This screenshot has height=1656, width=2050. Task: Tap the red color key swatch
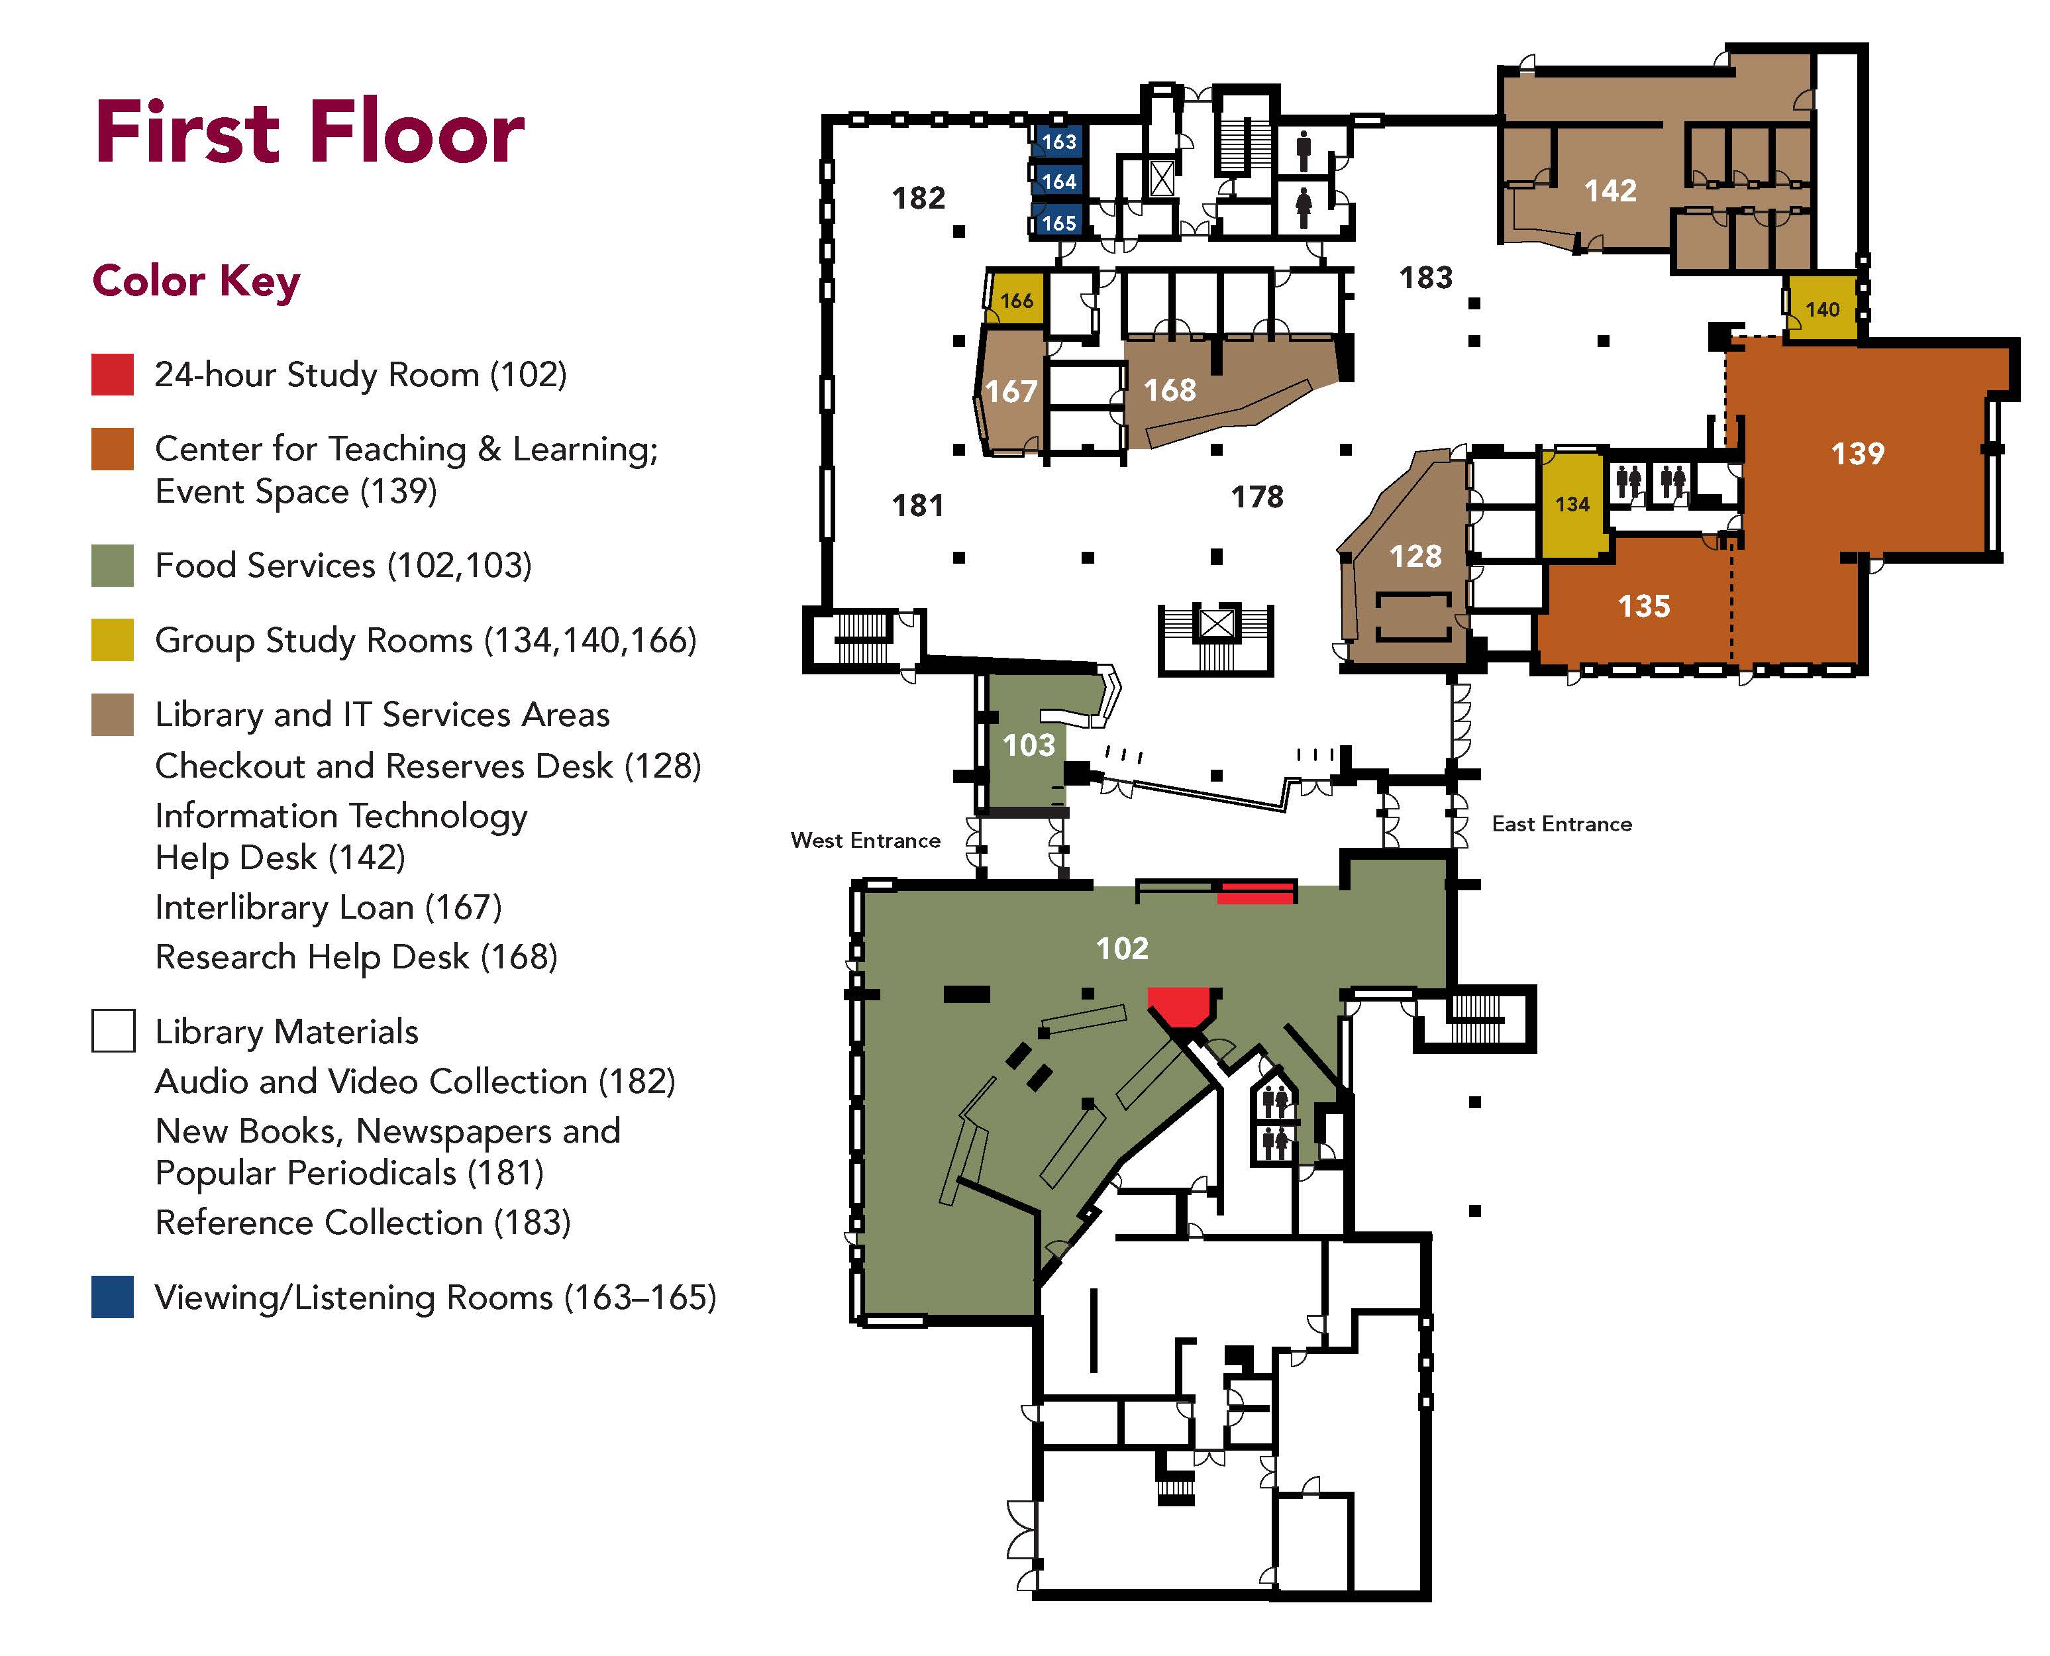[112, 375]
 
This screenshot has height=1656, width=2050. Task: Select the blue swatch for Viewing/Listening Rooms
[112, 1298]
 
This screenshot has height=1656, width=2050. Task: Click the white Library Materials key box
[113, 1031]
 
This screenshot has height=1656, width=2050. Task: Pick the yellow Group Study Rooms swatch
[112, 640]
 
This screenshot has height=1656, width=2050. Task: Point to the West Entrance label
[865, 841]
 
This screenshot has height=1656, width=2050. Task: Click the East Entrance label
[1562, 824]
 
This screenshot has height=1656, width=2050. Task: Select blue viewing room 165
[1058, 223]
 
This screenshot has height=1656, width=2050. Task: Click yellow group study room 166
[1017, 301]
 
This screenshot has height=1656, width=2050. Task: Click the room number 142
[1610, 191]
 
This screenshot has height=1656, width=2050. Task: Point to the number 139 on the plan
[1857, 453]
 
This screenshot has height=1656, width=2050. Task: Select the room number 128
[1415, 556]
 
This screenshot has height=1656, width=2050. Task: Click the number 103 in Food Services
[1029, 745]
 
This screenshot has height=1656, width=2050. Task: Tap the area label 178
[1257, 497]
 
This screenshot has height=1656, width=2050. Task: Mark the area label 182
[917, 199]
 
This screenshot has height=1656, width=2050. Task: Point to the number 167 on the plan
[1010, 391]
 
